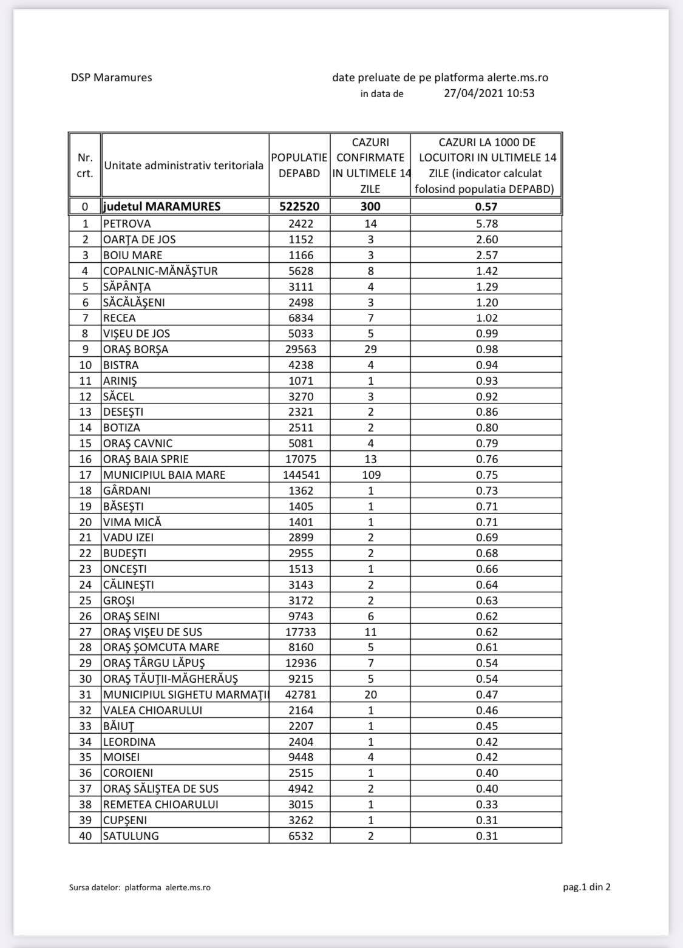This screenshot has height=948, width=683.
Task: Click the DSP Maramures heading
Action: tap(111, 78)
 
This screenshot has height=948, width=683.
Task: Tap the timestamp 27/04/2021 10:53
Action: tap(489, 93)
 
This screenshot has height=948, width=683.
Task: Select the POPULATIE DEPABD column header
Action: tap(299, 165)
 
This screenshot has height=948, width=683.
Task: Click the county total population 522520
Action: tap(299, 206)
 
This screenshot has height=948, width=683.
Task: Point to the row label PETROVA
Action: tap(127, 223)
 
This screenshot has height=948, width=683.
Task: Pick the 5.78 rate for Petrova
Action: tap(486, 223)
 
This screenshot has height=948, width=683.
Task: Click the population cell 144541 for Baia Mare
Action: tap(299, 475)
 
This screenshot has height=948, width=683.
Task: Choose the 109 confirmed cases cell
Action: tap(370, 475)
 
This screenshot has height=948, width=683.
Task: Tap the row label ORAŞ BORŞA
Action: tap(136, 349)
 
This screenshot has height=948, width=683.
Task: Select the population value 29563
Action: tap(299, 349)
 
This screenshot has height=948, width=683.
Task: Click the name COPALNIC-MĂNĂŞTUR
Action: tap(160, 271)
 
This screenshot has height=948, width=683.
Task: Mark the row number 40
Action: tap(85, 836)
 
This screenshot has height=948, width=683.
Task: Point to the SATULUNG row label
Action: tap(131, 836)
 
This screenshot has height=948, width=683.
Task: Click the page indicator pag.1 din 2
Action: tap(586, 887)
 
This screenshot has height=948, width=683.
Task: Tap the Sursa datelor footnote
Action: tap(140, 887)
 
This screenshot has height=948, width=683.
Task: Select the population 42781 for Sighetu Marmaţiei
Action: tap(299, 694)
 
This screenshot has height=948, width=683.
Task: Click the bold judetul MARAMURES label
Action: tap(161, 206)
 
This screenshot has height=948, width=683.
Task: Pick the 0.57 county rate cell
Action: tap(486, 206)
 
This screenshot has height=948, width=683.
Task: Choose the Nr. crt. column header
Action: tap(85, 165)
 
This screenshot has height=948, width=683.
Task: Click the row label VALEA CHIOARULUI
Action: tap(152, 710)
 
